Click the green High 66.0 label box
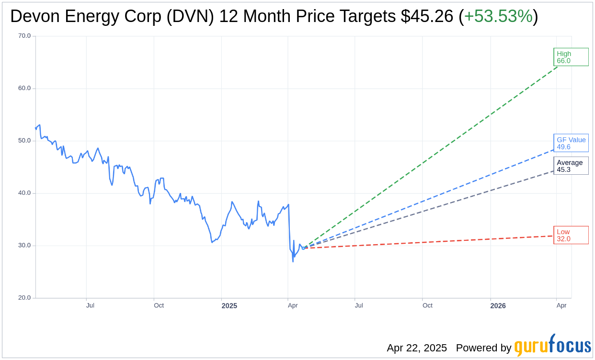click(571, 57)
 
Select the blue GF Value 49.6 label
click(571, 143)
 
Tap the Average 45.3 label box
click(571, 166)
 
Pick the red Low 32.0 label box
click(571, 235)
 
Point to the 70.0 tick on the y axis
click(24, 36)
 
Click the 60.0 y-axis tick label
click(24, 88)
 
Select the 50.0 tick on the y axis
click(24, 141)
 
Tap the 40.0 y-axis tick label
click(24, 193)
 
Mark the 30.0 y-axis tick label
click(24, 246)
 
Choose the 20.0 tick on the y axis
click(24, 298)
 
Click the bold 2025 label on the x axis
click(229, 305)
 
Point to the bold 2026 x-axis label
click(498, 305)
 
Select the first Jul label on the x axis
click(90, 305)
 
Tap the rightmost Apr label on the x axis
click(561, 305)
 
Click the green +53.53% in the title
click(498, 16)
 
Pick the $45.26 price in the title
click(427, 16)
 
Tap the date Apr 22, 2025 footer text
click(417, 348)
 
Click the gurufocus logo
click(552, 346)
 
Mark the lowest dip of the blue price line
click(293, 261)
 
